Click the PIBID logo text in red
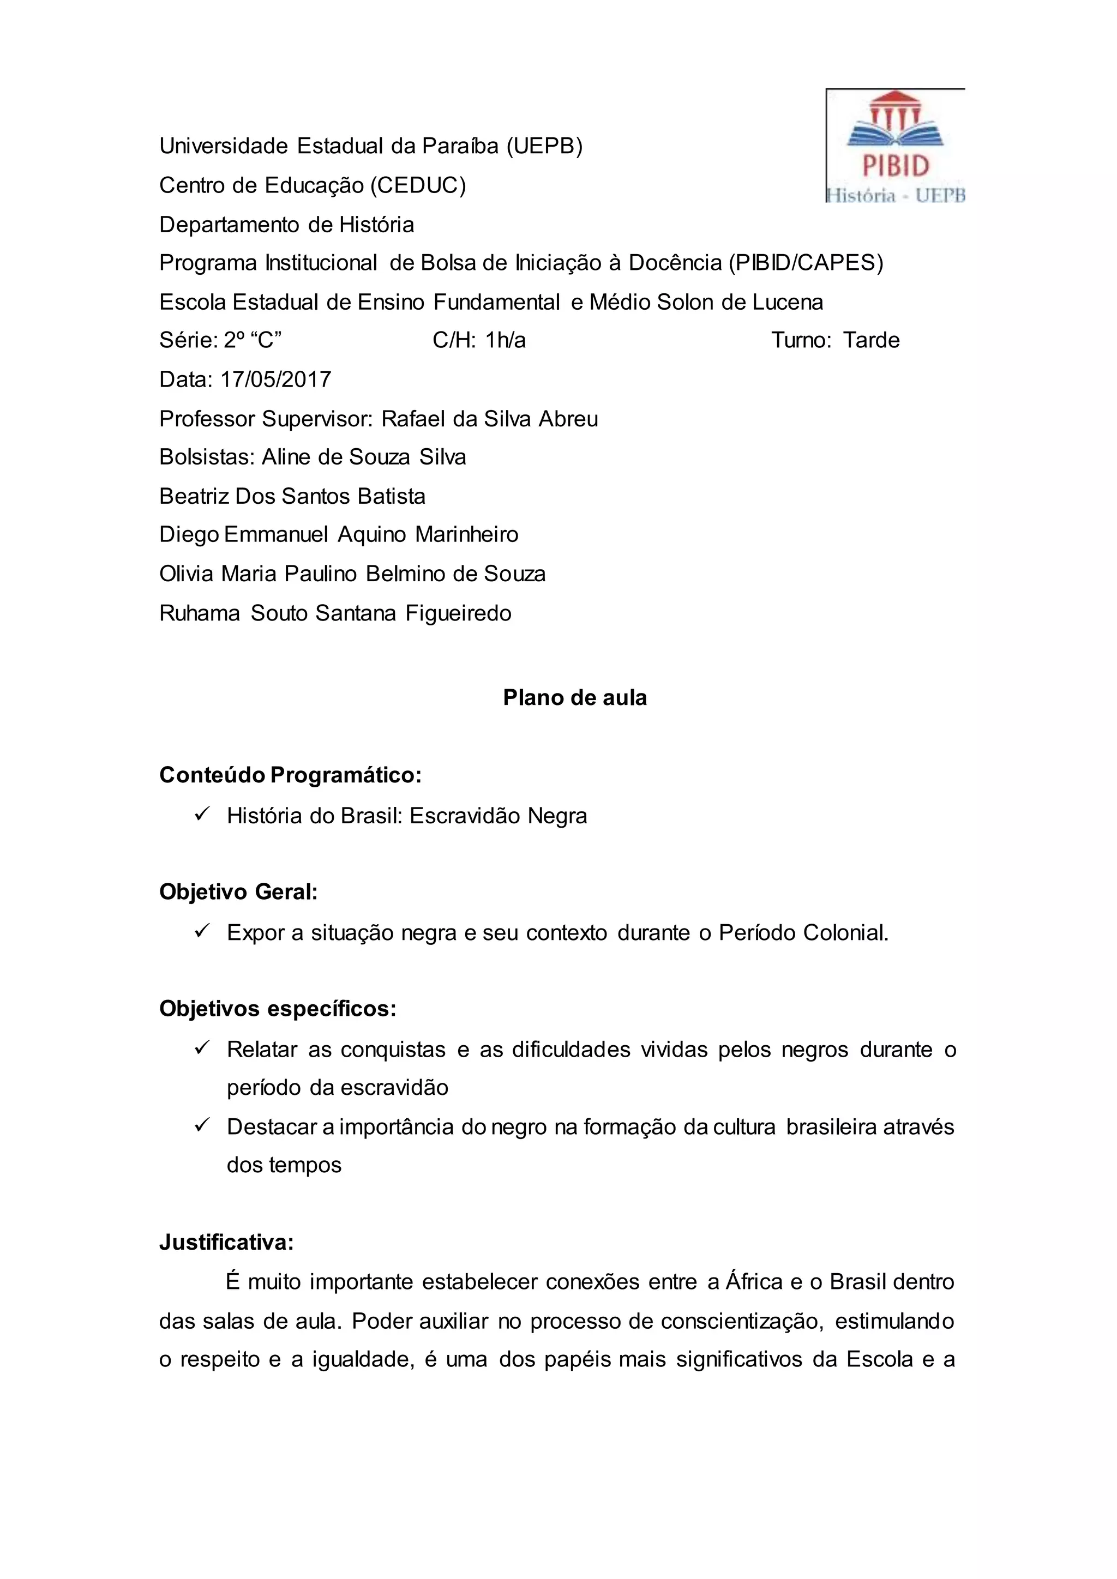point(896,166)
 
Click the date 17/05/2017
point(276,379)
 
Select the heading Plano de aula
point(575,697)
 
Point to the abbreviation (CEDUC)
point(418,185)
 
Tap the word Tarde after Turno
point(872,340)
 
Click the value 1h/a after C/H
point(506,340)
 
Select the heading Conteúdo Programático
point(290,775)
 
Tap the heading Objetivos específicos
point(278,1009)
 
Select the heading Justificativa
point(227,1242)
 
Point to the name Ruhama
point(200,613)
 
